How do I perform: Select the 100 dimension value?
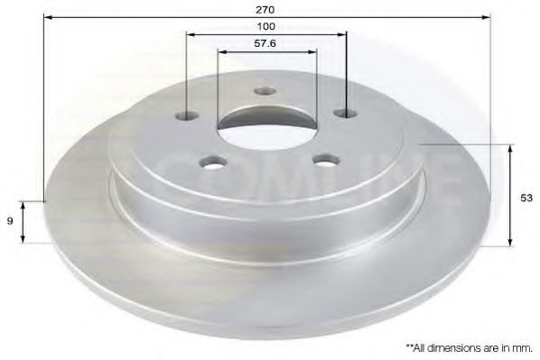pyautogui.click(x=266, y=27)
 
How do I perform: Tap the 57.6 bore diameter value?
pyautogui.click(x=266, y=43)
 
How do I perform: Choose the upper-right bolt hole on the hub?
pyautogui.click(x=343, y=113)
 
